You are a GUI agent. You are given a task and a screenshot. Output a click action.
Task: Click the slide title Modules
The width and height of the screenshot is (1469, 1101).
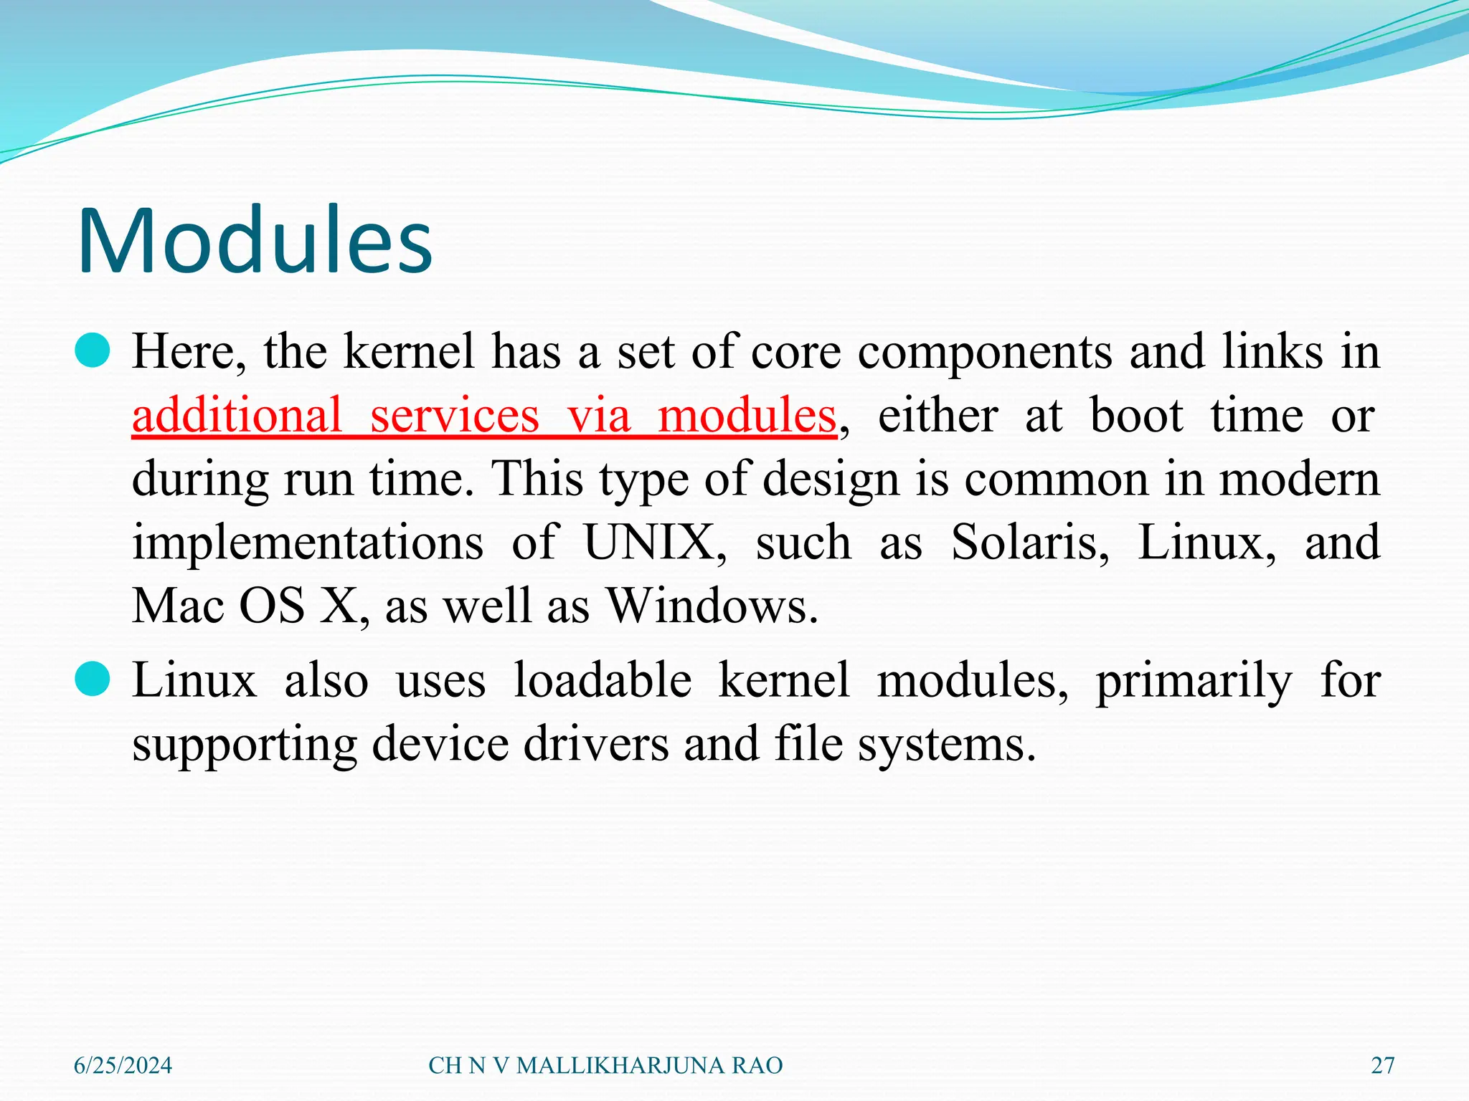255,240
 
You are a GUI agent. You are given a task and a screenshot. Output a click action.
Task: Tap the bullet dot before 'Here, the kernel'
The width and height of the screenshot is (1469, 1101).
93,351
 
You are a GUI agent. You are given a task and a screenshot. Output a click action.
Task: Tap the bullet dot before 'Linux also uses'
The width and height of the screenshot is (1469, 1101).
93,679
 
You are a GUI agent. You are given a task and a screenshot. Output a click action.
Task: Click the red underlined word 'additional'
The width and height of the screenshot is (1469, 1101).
237,415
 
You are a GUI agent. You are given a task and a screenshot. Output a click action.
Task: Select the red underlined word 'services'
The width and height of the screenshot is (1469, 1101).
454,415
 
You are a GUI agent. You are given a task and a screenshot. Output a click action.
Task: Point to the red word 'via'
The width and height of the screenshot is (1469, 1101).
599,415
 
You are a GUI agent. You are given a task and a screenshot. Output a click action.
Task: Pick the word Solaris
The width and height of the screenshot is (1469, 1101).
1029,543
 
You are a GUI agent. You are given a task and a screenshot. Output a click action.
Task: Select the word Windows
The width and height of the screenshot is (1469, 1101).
712,606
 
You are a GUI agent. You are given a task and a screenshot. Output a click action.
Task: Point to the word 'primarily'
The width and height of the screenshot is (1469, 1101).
1194,681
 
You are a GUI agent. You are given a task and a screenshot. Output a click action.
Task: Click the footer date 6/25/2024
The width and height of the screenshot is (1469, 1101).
123,1066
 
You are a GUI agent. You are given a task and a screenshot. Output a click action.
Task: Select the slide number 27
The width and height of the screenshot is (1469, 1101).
1382,1066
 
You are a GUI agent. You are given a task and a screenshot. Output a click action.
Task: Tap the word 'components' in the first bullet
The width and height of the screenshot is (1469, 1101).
985,353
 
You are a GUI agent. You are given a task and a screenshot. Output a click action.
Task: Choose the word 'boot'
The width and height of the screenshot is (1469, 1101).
1136,415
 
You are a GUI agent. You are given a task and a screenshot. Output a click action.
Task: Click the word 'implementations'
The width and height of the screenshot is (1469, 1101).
308,543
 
